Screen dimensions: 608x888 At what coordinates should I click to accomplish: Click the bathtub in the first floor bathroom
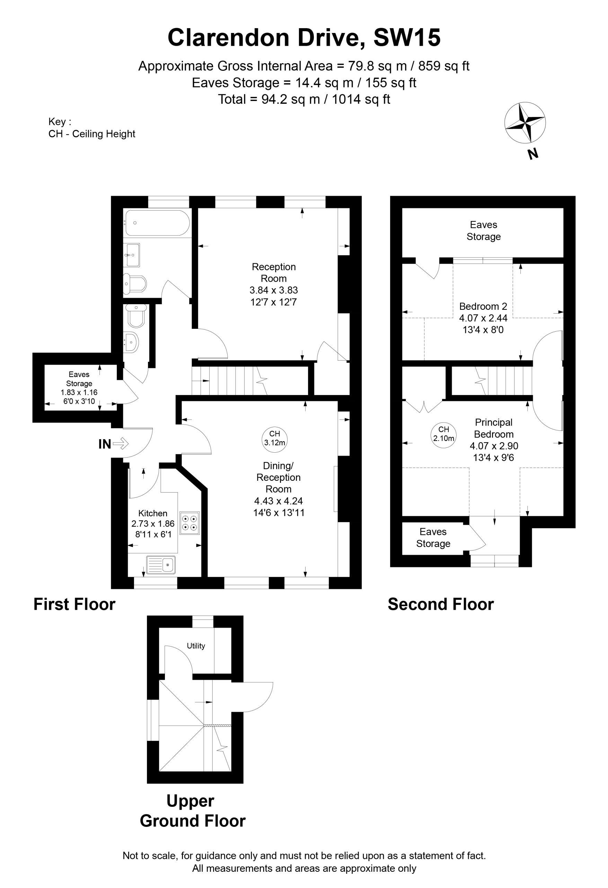coord(157,222)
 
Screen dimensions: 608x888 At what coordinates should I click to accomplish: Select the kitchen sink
coord(161,565)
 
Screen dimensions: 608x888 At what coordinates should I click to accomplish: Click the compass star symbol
coord(525,123)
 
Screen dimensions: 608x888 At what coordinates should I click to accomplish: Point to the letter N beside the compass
coord(533,154)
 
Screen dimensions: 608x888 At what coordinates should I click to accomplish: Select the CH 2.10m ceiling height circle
coord(443,434)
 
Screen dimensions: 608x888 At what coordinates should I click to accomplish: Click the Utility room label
coord(196,646)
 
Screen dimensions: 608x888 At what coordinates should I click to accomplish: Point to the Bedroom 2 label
coord(483,306)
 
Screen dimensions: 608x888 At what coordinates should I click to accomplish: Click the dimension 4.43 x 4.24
coord(279,501)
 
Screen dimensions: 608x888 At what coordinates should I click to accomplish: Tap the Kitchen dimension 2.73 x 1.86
coord(153,523)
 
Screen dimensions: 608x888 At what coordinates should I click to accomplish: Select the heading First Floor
coord(74,604)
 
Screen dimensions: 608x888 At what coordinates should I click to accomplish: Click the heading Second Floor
coord(441,604)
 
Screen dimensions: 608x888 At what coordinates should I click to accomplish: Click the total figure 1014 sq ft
coord(361,99)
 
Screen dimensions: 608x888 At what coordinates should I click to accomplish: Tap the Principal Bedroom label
coord(493,428)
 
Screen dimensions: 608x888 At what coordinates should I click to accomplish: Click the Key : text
coord(60,121)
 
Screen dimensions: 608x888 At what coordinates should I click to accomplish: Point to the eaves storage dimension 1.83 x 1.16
coord(79,392)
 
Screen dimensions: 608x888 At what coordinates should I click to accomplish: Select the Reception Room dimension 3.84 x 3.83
coord(274,290)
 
